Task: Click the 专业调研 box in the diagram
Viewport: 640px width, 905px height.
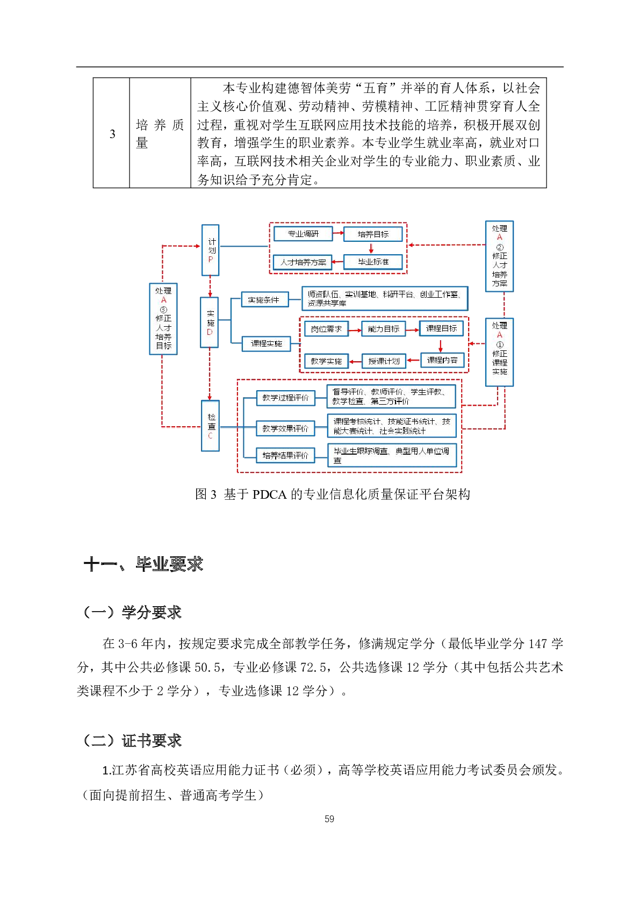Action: (x=303, y=234)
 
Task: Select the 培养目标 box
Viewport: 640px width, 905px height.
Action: (x=373, y=234)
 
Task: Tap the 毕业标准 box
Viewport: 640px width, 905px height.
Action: (x=373, y=262)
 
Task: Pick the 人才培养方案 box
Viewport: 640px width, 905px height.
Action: (x=303, y=262)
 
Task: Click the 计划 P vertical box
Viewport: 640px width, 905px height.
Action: (x=211, y=250)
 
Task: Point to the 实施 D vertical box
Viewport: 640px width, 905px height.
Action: (x=210, y=322)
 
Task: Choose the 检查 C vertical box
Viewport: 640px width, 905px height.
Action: (x=211, y=426)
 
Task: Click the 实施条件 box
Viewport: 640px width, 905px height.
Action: (x=264, y=300)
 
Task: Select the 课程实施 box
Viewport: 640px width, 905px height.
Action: (x=267, y=343)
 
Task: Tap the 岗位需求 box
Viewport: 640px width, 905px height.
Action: (x=326, y=329)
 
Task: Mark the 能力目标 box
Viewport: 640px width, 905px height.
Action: (x=384, y=329)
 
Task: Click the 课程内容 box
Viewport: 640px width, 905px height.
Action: (x=442, y=360)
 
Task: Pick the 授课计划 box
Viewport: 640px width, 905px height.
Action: (x=384, y=361)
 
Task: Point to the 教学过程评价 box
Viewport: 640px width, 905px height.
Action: (x=285, y=398)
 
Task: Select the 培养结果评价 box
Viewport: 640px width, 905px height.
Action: (x=285, y=455)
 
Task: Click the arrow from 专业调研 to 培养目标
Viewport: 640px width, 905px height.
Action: (x=338, y=233)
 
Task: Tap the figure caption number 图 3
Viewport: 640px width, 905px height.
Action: (x=206, y=494)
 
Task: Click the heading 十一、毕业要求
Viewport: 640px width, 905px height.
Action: (x=143, y=564)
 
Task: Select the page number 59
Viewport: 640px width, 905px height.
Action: (x=329, y=819)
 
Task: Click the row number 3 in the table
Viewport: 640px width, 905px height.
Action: (x=112, y=134)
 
